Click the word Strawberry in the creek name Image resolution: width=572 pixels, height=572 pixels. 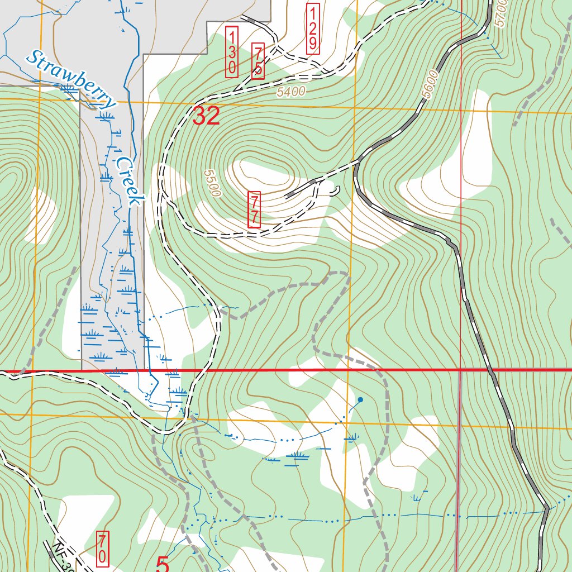click(x=71, y=79)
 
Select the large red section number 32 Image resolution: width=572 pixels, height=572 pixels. click(x=206, y=116)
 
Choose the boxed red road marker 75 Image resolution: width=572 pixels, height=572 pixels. click(x=258, y=61)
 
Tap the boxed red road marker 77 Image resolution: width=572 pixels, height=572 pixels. click(x=254, y=209)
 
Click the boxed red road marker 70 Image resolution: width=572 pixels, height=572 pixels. click(x=103, y=548)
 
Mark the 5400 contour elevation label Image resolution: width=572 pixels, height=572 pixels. click(x=291, y=91)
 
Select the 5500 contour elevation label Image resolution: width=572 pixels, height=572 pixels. click(x=212, y=184)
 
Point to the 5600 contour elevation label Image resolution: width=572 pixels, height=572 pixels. click(x=431, y=84)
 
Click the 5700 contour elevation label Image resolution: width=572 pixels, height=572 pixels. click(x=500, y=12)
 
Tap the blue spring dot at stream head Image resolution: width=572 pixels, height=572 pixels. click(x=360, y=399)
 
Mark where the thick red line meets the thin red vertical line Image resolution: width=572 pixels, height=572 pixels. click(x=461, y=370)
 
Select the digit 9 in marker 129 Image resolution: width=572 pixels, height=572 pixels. click(x=313, y=42)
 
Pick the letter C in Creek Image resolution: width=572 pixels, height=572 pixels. click(x=120, y=164)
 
